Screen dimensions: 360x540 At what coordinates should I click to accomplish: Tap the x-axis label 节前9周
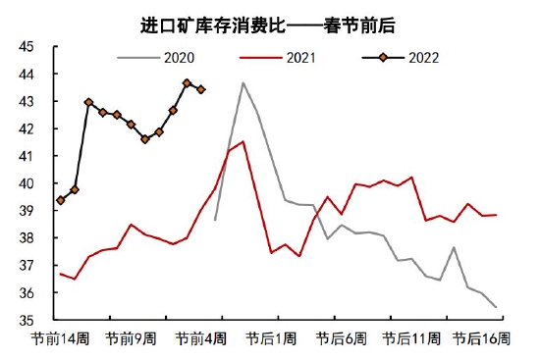[132, 338]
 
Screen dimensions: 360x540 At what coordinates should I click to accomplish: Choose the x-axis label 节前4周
[201, 338]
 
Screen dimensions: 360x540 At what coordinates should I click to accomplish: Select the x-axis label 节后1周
[271, 338]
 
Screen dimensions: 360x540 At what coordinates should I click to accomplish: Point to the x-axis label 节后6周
[341, 338]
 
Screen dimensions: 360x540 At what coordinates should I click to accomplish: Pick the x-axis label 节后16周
[480, 338]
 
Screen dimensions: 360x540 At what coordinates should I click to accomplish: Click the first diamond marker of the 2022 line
[61, 200]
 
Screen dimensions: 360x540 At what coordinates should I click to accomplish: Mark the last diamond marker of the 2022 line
[201, 89]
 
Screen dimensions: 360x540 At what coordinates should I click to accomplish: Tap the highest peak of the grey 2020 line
[243, 83]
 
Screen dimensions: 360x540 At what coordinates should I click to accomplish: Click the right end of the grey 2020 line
[496, 307]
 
